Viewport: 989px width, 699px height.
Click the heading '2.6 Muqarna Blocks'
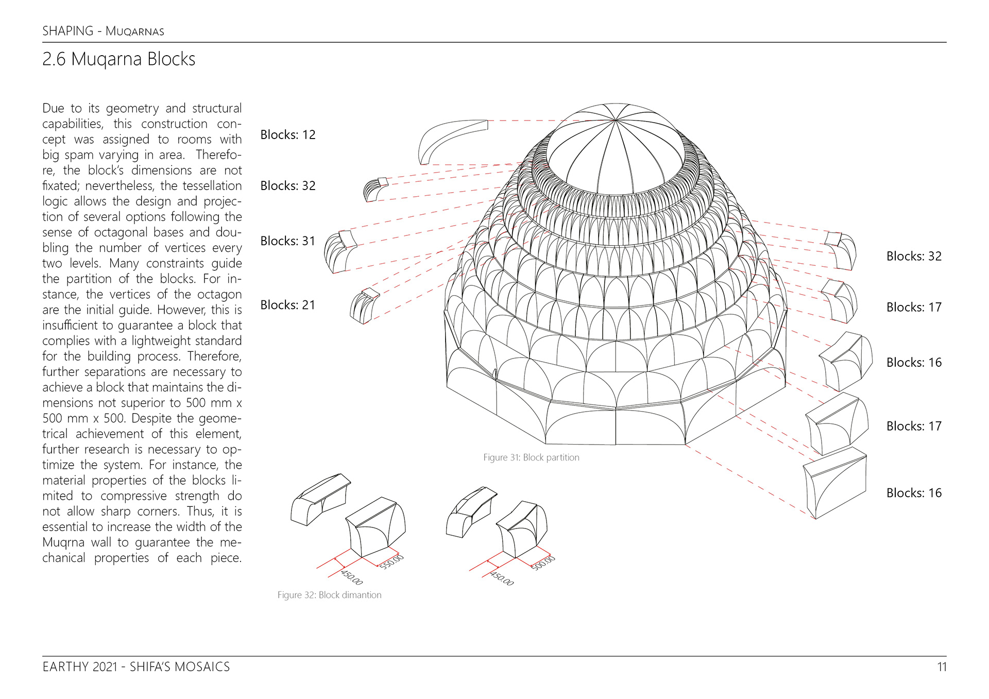click(118, 59)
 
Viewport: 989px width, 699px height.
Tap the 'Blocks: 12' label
click(287, 135)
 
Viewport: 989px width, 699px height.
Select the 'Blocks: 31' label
click(287, 241)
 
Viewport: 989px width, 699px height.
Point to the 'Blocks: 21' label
click(287, 305)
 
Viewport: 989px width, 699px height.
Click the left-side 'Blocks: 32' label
click(287, 186)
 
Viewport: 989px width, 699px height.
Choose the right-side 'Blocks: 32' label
click(913, 257)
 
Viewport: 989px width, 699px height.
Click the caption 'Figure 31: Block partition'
click(531, 457)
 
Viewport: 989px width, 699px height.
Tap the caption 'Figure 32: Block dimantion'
click(329, 595)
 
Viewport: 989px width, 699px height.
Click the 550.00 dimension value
click(391, 561)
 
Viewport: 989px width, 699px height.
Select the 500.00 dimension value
click(543, 562)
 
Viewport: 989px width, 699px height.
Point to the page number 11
click(942, 667)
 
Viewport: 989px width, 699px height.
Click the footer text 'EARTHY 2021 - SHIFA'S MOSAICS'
click(136, 667)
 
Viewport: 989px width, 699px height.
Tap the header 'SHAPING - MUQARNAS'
click(103, 31)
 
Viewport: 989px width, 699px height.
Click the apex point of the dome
click(616, 120)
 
